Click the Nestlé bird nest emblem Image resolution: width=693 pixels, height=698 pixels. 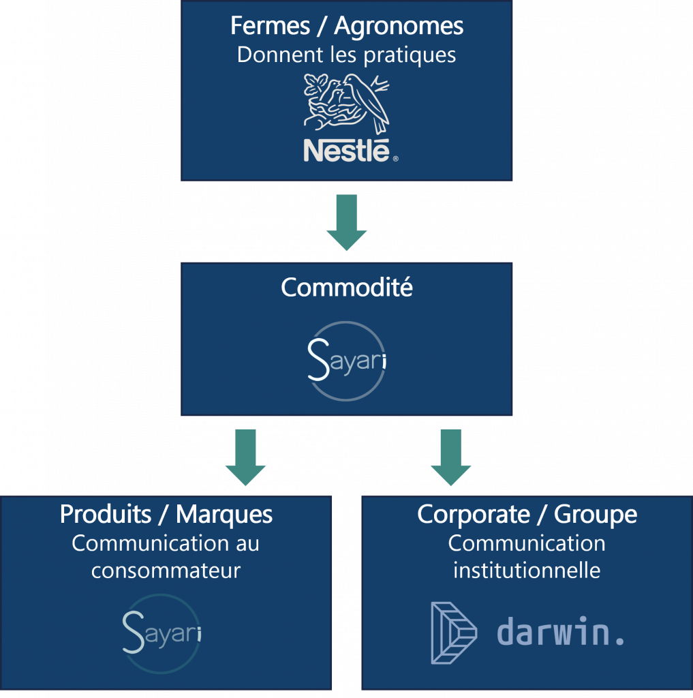click(346, 104)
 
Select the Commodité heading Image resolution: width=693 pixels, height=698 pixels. click(347, 288)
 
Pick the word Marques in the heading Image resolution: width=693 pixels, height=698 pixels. click(224, 515)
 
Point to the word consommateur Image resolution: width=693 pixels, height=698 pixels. click(166, 570)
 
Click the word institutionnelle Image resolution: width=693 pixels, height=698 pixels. click(527, 570)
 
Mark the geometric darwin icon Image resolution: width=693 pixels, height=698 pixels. click(455, 632)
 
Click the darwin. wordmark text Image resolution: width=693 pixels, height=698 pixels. click(560, 632)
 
